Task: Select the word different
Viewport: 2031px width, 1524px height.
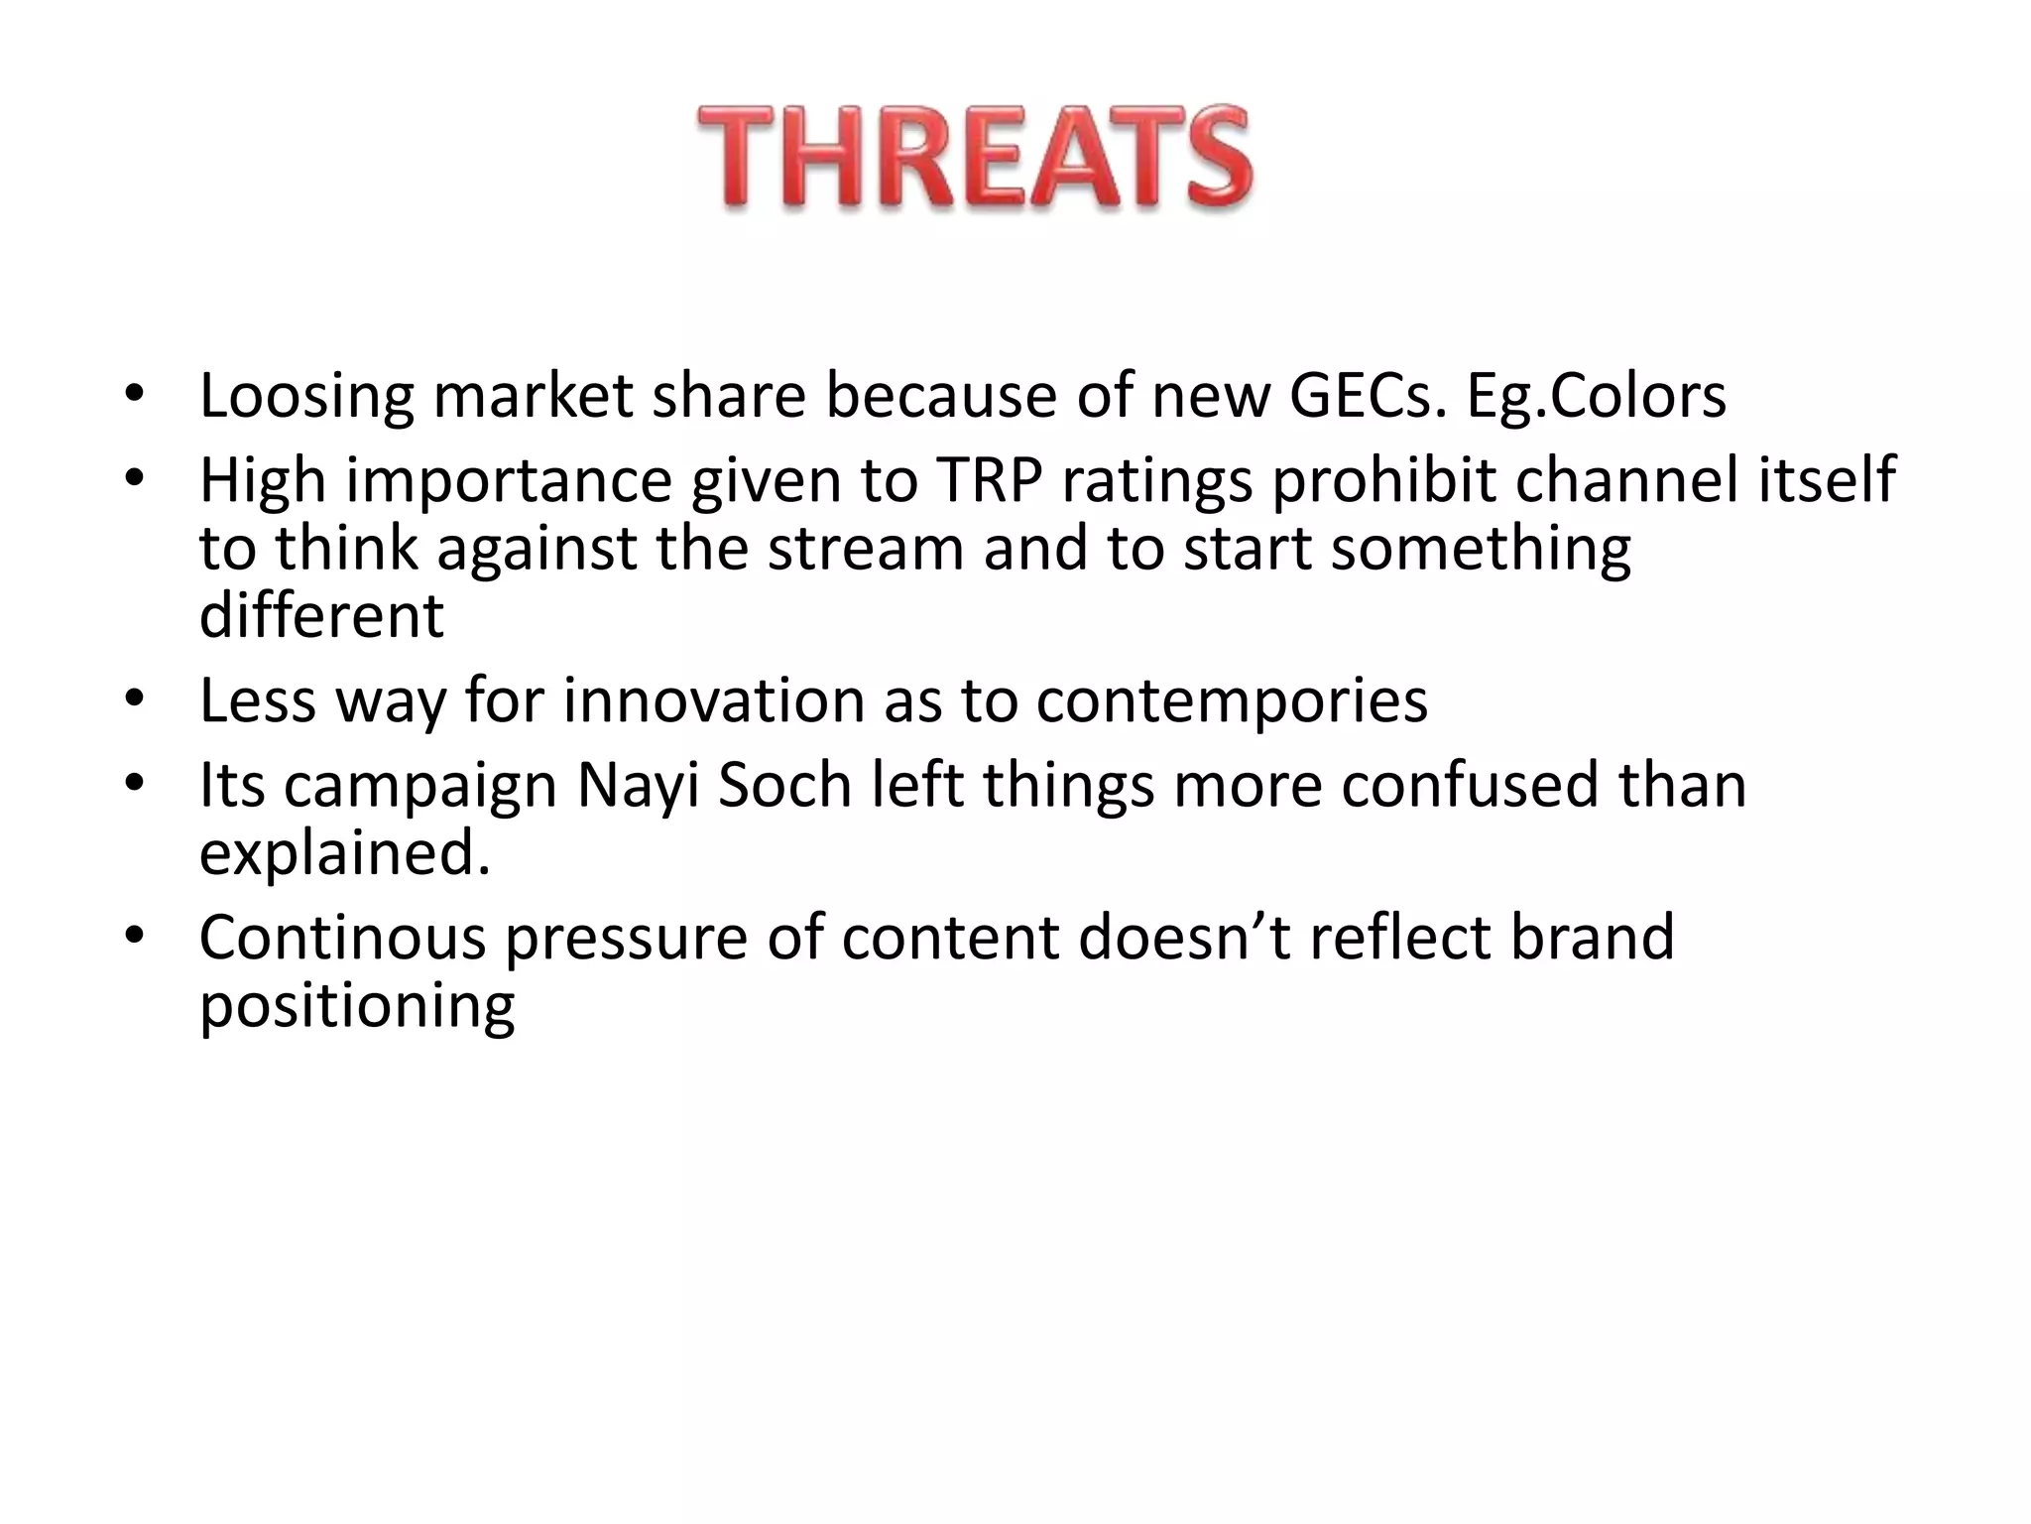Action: point(321,616)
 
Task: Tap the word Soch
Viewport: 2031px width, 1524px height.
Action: point(784,785)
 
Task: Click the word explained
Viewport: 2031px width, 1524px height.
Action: point(344,853)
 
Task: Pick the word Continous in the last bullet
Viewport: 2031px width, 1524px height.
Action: point(342,938)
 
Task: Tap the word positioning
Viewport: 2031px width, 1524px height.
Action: point(357,1007)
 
